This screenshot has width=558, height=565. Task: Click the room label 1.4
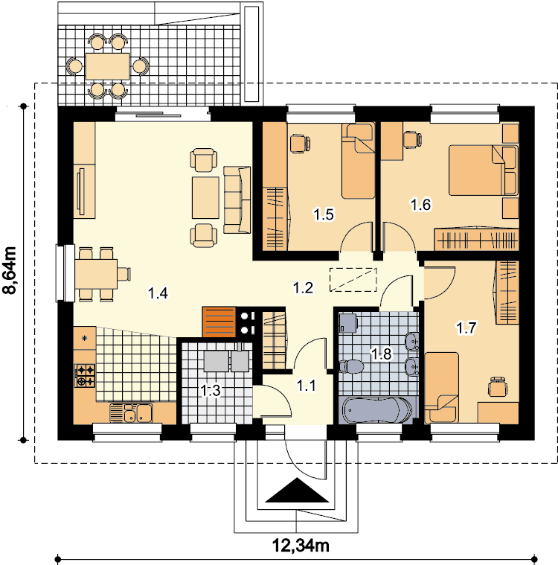click(158, 293)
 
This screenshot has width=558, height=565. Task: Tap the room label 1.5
click(324, 214)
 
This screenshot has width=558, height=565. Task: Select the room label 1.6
click(421, 205)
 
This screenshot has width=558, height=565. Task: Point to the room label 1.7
click(466, 328)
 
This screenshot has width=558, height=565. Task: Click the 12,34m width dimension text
click(301, 546)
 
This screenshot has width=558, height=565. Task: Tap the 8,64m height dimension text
click(10, 271)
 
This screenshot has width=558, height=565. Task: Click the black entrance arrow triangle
click(297, 490)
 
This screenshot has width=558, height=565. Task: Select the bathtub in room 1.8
click(376, 410)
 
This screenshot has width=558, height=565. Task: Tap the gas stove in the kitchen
click(85, 375)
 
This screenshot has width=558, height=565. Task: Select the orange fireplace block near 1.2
click(219, 322)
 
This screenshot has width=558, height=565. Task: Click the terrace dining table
click(108, 66)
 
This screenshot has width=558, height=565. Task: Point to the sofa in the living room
click(237, 199)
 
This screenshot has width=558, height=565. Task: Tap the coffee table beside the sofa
click(205, 197)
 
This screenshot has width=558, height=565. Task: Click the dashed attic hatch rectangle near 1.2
click(353, 280)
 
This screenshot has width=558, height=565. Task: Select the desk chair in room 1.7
click(498, 386)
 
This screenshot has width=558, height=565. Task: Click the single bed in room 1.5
click(359, 161)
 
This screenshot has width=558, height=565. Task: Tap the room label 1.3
click(211, 390)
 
